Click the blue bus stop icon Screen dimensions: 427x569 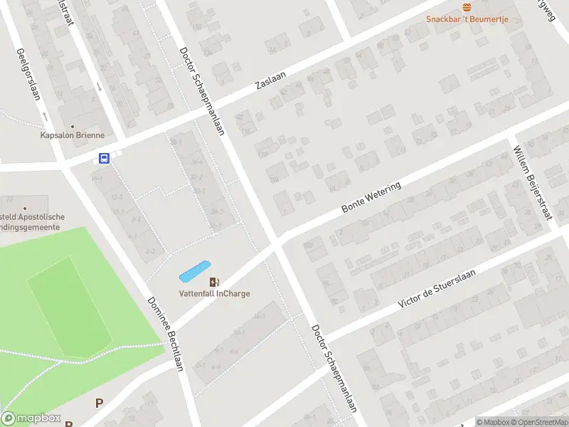coord(104,159)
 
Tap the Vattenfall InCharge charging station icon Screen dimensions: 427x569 coord(214,283)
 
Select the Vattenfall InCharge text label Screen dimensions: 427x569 coord(214,294)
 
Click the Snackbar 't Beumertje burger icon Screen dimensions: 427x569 coord(467,7)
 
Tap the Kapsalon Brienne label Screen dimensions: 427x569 coord(73,135)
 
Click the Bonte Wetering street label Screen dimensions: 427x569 coord(371,197)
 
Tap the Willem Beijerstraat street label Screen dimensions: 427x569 coord(533,183)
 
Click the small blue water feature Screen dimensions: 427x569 coord(195,270)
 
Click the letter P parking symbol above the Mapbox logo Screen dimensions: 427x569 coord(100,403)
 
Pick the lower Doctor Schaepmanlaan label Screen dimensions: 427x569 coord(333,369)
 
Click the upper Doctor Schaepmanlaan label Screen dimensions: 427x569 coord(203,91)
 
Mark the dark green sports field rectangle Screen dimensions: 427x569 coord(70,306)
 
